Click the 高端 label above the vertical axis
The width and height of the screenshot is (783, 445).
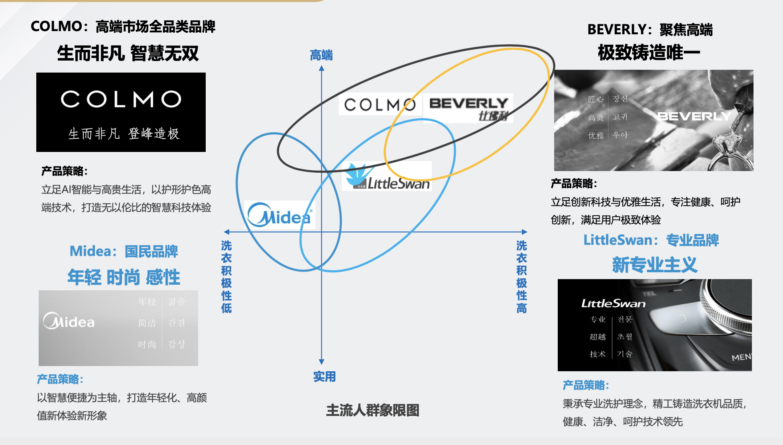[x=321, y=55]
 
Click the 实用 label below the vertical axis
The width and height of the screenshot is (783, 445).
[x=324, y=376]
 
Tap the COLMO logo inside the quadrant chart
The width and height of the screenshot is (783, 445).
[x=380, y=105]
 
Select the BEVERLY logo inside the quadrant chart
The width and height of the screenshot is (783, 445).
[x=468, y=107]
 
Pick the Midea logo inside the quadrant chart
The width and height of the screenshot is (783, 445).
[x=279, y=215]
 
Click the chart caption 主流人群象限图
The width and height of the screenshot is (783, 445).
[x=372, y=410]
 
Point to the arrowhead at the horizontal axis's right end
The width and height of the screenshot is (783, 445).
[x=525, y=232]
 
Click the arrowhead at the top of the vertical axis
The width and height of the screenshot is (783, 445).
[x=322, y=69]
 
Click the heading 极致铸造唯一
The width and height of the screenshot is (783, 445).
[x=649, y=53]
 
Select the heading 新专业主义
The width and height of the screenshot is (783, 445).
[x=655, y=265]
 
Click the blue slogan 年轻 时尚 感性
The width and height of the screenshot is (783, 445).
[x=124, y=277]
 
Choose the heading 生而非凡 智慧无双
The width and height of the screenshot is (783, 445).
[x=128, y=53]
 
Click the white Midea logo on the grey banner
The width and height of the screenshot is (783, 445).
[x=69, y=321]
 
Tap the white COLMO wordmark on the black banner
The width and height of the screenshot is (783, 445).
[x=121, y=99]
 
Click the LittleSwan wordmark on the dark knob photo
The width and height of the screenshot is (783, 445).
[x=613, y=304]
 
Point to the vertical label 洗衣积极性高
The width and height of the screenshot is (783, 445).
[x=521, y=276]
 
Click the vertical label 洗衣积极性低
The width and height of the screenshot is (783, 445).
[x=226, y=276]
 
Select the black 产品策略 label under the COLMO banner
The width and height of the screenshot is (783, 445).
[x=64, y=171]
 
